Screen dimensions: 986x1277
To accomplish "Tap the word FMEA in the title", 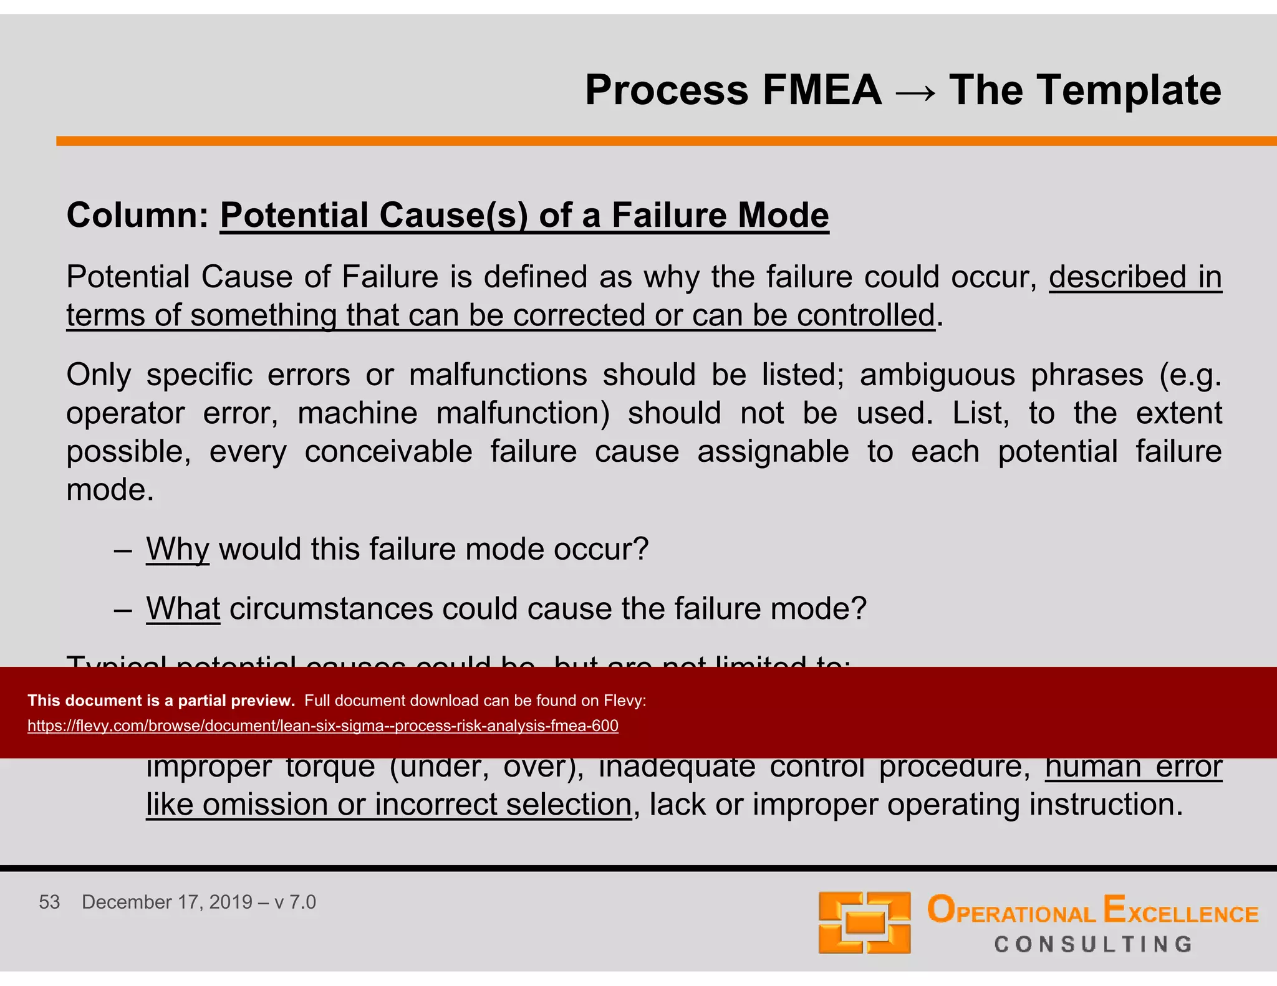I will pos(822,90).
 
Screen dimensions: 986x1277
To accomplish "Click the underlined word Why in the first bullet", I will pos(177,550).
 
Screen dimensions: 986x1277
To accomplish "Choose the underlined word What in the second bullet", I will pos(183,609).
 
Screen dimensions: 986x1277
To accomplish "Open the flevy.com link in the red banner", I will pos(323,726).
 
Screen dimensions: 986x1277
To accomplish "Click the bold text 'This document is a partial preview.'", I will pos(161,701).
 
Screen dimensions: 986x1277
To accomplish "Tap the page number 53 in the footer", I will pos(49,902).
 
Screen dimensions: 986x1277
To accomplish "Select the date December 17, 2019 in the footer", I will pos(166,902).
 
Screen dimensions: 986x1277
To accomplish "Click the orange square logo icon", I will pos(864,922).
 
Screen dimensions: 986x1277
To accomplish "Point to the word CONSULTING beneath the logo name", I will pos(1093,944).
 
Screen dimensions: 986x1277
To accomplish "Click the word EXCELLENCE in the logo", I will pos(1180,911).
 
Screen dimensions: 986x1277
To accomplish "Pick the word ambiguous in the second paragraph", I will pos(937,375).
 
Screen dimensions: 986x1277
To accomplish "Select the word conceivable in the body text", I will pos(388,452).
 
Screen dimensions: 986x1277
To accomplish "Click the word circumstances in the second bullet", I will pos(331,609).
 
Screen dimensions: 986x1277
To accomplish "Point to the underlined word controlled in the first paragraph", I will pos(866,315).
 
